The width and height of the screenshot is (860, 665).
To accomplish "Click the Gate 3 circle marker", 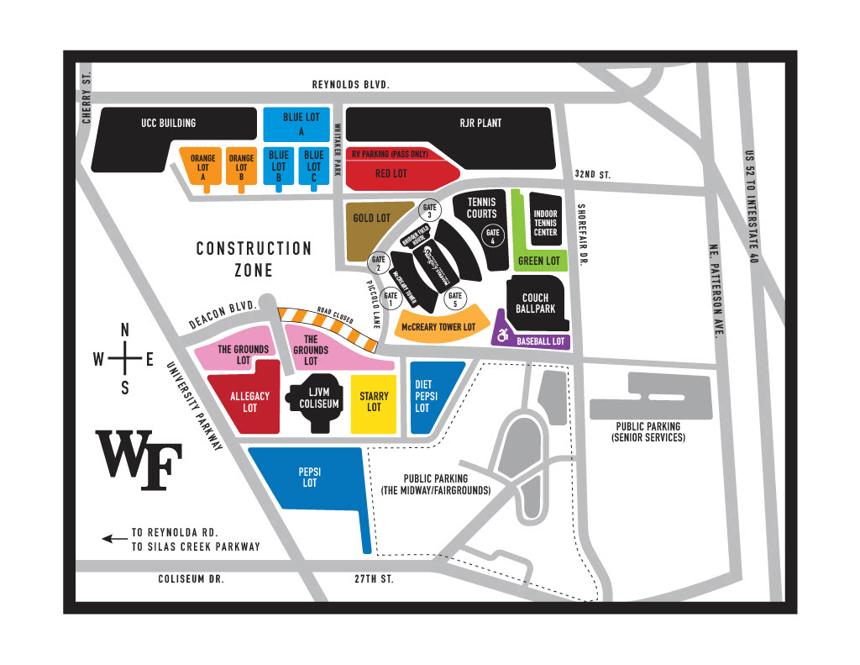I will coord(430,210).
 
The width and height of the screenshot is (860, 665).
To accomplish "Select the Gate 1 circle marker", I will coord(391,297).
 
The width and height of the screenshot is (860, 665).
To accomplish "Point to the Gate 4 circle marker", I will coord(494,237).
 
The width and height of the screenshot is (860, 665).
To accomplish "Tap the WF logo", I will coord(139,461).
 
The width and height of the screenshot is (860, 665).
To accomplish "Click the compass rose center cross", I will coord(125,359).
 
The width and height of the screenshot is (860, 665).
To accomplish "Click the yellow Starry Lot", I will coord(374,401).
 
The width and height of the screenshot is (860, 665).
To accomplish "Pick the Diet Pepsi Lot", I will coord(430,396).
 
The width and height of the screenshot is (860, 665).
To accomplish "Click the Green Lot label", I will coord(538,261).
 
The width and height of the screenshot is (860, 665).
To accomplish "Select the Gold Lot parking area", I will coord(374,229).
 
